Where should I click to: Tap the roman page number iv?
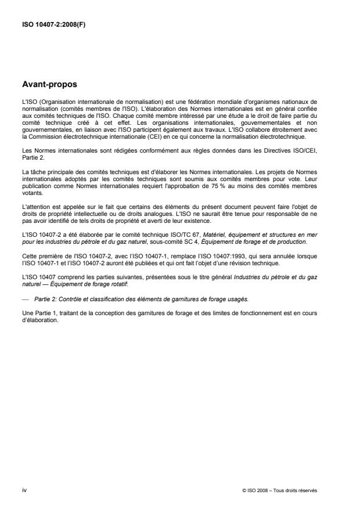24,490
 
